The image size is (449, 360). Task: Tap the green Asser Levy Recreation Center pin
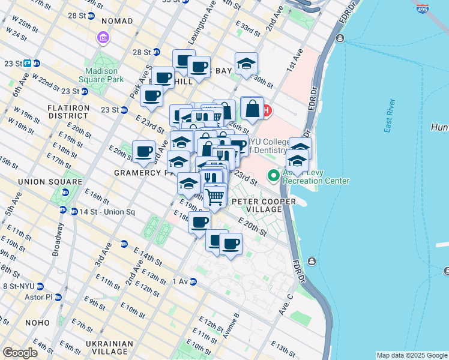[x=274, y=176]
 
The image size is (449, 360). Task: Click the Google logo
[x=20, y=352]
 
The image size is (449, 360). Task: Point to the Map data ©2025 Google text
[x=411, y=355]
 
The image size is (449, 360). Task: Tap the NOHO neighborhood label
[x=37, y=323]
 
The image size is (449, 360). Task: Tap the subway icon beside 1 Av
[x=193, y=281]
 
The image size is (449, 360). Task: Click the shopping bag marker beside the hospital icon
[x=252, y=109]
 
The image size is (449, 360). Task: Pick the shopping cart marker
[x=214, y=196]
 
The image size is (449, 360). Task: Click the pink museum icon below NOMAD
[x=103, y=38]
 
